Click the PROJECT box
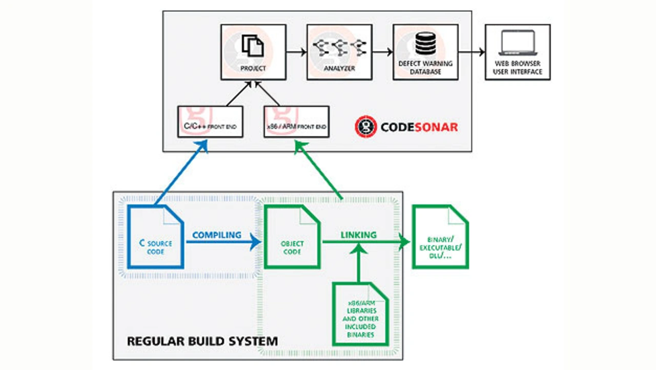tap(253, 52)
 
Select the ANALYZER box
tap(339, 52)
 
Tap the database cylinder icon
tap(425, 44)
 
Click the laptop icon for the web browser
tap(517, 43)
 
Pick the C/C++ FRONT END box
tap(210, 122)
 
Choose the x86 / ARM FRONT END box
tap(296, 122)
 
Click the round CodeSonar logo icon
tap(366, 126)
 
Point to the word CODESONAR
tap(419, 127)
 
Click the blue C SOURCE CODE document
tap(156, 237)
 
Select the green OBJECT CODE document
tap(292, 237)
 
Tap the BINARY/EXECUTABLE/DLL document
tap(441, 237)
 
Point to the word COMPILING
tap(216, 235)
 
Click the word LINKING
tap(359, 235)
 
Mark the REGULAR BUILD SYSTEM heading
tap(202, 341)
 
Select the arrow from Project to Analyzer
tap(296, 52)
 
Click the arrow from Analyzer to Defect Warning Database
tap(382, 52)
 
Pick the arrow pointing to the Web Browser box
tap(471, 52)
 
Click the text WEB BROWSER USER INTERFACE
tap(517, 68)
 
